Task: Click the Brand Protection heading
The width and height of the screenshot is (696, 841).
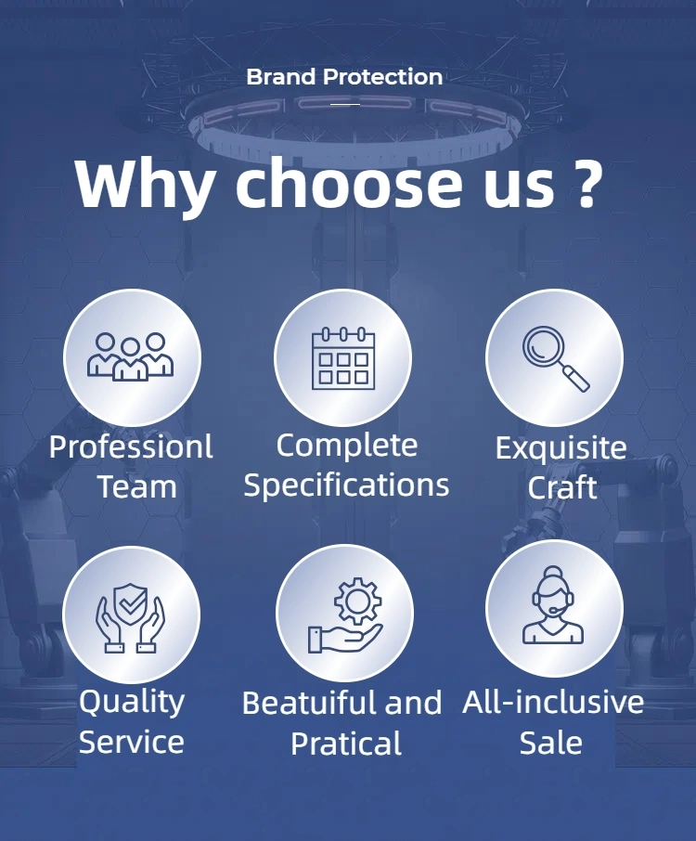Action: [x=344, y=77]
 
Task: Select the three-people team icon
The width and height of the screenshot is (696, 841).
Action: [x=130, y=356]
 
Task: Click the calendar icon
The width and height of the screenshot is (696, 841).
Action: [x=343, y=358]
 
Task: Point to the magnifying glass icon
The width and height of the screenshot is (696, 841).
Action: [x=556, y=358]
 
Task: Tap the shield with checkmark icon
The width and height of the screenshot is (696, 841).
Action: [x=130, y=618]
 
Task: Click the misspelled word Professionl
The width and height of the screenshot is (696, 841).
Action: [x=131, y=447]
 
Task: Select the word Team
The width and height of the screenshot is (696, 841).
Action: [x=137, y=487]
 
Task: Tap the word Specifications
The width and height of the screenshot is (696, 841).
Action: [x=346, y=485]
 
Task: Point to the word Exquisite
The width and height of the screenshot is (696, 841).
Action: [x=561, y=448]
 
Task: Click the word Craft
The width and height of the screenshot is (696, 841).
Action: [x=562, y=487]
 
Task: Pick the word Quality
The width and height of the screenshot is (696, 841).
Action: [x=132, y=702]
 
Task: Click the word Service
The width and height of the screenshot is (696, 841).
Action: [x=132, y=742]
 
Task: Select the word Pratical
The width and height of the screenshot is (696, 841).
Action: [x=346, y=744]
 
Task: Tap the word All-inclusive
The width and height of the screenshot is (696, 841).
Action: [x=553, y=702]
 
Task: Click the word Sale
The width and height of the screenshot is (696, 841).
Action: [x=551, y=743]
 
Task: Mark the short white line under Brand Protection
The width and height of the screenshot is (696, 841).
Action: [x=345, y=105]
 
